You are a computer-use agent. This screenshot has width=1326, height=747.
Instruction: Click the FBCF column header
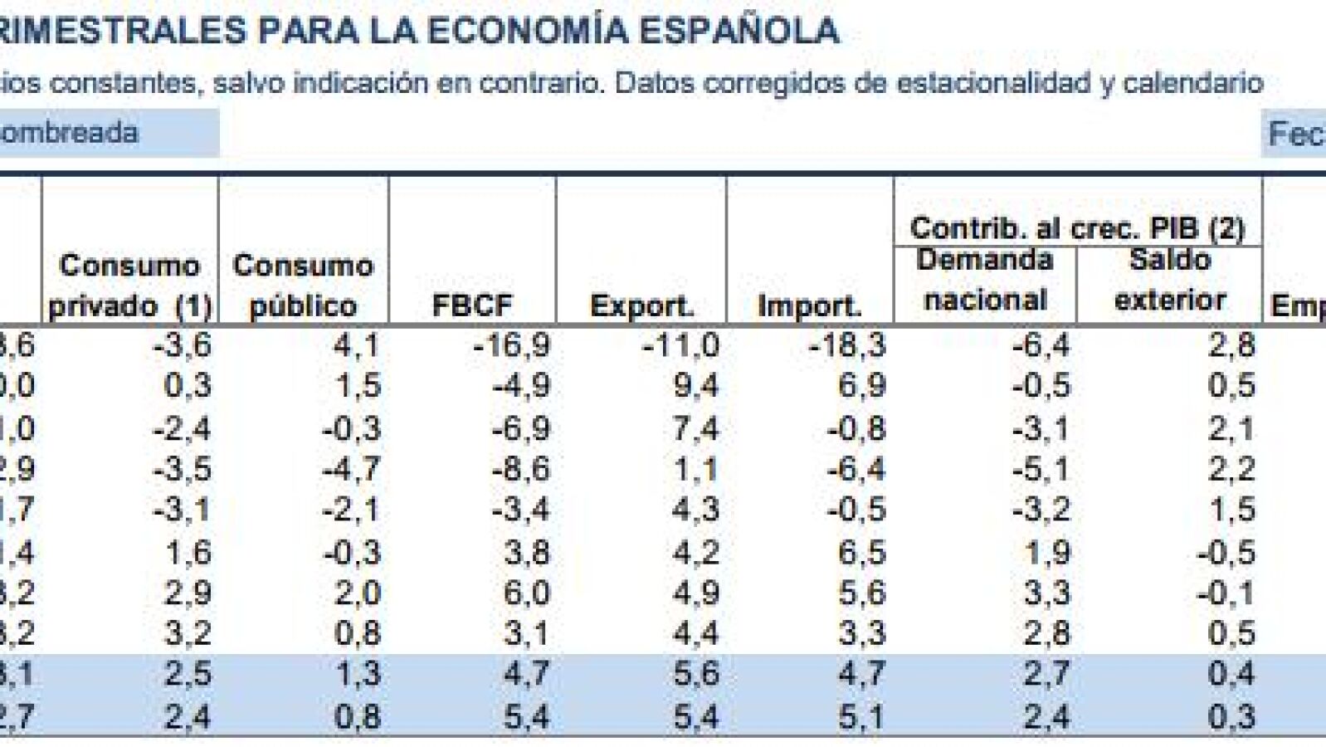(x=472, y=305)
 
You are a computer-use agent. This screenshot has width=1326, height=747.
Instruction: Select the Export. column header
(x=641, y=305)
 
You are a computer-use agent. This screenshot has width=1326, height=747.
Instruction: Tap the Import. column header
(x=809, y=305)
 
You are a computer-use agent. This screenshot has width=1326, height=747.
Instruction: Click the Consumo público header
(x=303, y=286)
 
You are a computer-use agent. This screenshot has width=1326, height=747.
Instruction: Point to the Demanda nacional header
(x=985, y=280)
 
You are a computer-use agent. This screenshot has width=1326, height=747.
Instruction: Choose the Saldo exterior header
(x=1170, y=280)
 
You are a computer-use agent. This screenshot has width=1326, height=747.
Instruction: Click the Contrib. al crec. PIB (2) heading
(x=1077, y=228)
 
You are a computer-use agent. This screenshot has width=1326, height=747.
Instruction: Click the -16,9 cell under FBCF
(x=511, y=344)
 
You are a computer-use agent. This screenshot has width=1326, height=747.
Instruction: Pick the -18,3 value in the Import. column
(x=847, y=344)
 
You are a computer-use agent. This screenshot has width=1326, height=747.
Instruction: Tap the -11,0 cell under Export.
(x=680, y=344)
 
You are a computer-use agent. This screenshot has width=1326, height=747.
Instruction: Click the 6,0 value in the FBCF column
(x=527, y=593)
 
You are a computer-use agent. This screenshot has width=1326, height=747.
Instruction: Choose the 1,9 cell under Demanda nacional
(x=1047, y=552)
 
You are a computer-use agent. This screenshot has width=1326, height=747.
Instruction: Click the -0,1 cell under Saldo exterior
(x=1224, y=593)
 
